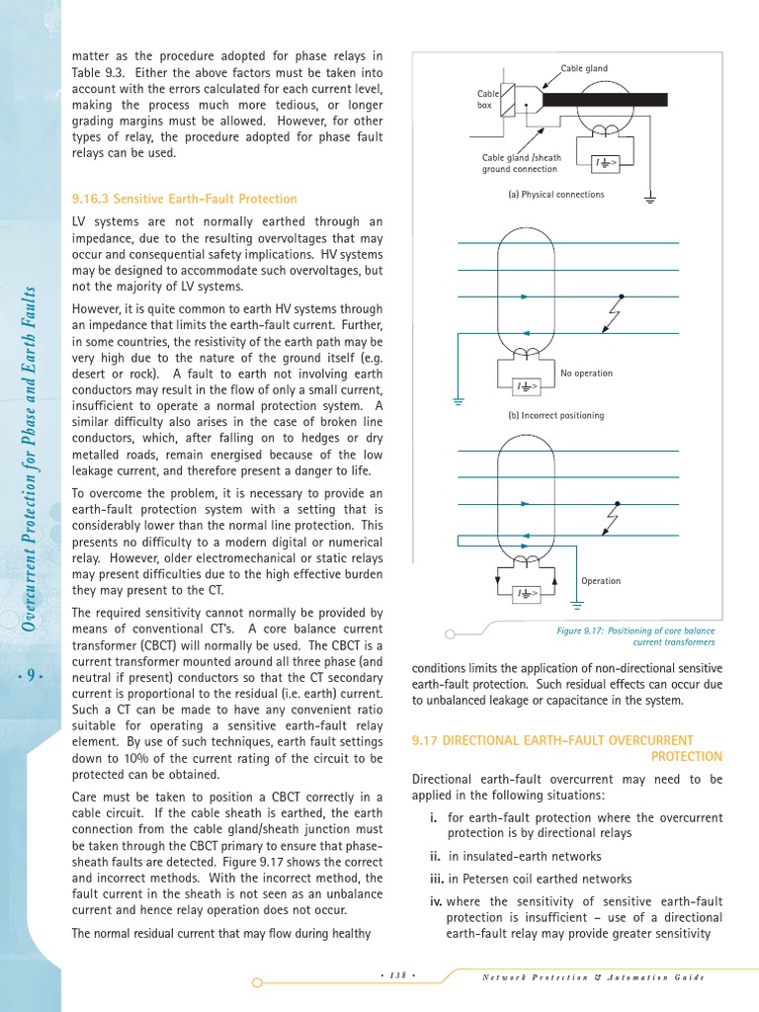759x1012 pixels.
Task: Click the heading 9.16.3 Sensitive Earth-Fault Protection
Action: coord(184,199)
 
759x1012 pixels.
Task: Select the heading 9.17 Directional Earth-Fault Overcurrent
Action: coord(566,740)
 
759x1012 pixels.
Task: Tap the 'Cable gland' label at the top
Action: coord(584,68)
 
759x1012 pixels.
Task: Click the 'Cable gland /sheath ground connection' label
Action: coord(521,163)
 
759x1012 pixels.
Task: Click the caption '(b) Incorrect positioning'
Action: coord(555,415)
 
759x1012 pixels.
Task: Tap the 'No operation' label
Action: coord(586,374)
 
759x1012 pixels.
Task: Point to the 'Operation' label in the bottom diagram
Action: coord(601,581)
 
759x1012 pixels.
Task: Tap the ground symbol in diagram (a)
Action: coord(650,201)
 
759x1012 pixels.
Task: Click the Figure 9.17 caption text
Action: coord(635,636)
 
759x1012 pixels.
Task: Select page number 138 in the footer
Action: coord(397,976)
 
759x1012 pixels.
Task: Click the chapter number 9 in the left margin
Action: coord(31,676)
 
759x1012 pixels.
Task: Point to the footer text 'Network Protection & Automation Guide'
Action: coord(592,977)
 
